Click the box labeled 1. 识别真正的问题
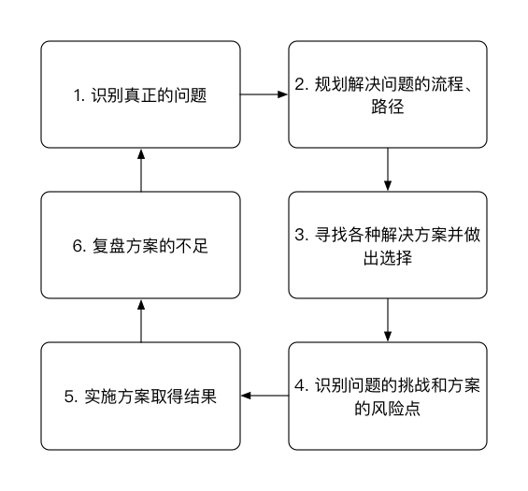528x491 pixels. click(140, 94)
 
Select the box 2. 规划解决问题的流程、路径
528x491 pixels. click(388, 94)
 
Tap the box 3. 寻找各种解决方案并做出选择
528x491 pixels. click(388, 245)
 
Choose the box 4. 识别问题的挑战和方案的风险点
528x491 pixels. click(388, 396)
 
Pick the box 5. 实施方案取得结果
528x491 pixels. click(140, 396)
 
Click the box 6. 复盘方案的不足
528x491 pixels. click(140, 245)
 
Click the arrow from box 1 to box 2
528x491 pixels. click(264, 94)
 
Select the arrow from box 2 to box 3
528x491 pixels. click(388, 170)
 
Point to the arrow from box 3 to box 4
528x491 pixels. click(388, 321)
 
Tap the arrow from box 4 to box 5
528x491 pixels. click(264, 396)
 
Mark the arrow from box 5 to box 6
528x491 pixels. click(141, 321)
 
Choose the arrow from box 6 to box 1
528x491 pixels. click(141, 170)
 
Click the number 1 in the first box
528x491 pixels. click(78, 95)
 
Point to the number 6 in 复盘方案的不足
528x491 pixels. click(78, 246)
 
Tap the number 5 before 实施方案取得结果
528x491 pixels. click(69, 397)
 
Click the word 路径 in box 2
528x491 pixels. click(388, 107)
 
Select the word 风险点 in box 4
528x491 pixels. click(395, 409)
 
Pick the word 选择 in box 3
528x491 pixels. click(395, 258)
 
